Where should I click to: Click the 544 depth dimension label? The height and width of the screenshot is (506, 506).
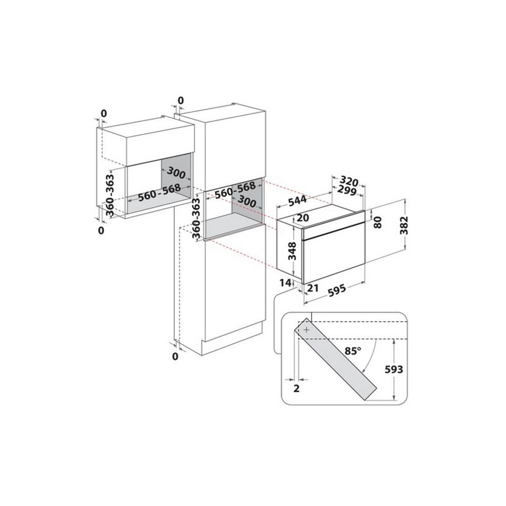pos(297,200)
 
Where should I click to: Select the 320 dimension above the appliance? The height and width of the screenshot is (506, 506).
pos(349,182)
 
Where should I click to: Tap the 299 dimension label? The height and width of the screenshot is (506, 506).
pos(346,191)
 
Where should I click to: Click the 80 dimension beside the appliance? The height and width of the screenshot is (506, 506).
pos(377,222)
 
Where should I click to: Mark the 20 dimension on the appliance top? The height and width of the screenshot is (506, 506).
pos(302,218)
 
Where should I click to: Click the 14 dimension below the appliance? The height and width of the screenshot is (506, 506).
pos(285,283)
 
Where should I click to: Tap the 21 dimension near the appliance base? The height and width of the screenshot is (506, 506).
pos(313,288)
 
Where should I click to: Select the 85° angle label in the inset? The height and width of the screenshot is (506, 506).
pos(353,351)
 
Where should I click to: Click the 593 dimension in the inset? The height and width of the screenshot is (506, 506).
pos(394,369)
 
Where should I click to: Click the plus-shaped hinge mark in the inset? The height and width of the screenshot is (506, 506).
pos(306,330)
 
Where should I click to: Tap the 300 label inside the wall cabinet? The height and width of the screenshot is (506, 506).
pos(176,173)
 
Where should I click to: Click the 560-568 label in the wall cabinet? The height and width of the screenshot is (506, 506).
pos(159,193)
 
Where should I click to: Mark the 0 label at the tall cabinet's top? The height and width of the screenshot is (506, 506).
pos(181,101)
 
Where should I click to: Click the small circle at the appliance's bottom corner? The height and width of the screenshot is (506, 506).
pos(298,287)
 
